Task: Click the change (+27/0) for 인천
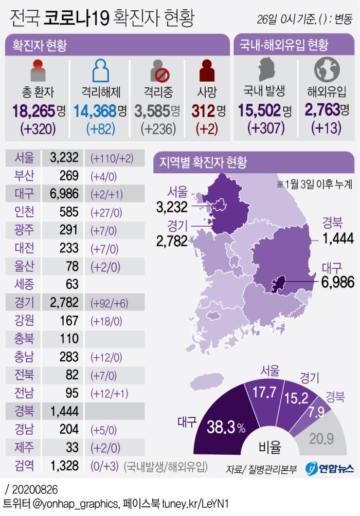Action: click(x=105, y=212)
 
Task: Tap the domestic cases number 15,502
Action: click(x=259, y=110)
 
